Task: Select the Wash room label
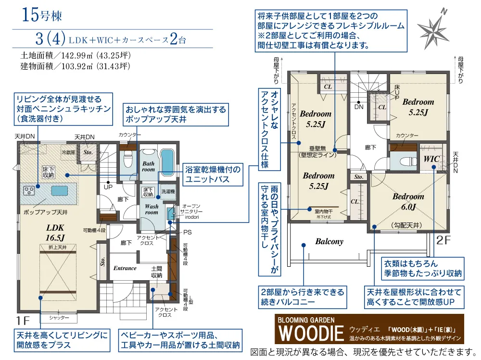pyautogui.click(x=152, y=209)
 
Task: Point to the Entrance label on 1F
pyautogui.click(x=125, y=268)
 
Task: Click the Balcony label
pyautogui.click(x=329, y=241)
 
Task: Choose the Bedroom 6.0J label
pyautogui.click(x=408, y=202)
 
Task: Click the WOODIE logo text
pyautogui.click(x=310, y=333)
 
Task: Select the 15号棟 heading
pyautogui.click(x=42, y=14)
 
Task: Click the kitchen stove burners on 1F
pyautogui.click(x=28, y=190)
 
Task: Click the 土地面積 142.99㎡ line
pyautogui.click(x=75, y=55)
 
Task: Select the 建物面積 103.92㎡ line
pyautogui.click(x=75, y=66)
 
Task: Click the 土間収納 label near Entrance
pyautogui.click(x=156, y=272)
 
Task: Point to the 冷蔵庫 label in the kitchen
pyautogui.click(x=68, y=151)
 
